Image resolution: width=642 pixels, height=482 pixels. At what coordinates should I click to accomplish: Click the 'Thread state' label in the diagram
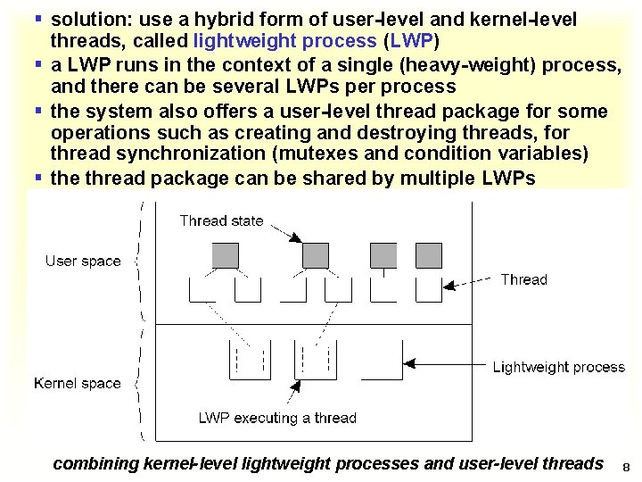click(x=221, y=220)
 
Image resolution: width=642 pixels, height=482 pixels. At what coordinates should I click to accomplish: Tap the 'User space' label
click(x=83, y=261)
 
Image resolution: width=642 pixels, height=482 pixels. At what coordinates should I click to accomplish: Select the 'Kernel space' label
click(x=78, y=383)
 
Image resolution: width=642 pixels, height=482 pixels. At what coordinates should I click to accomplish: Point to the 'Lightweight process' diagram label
click(x=559, y=367)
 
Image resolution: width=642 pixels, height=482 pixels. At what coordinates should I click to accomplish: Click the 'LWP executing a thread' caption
click(x=277, y=418)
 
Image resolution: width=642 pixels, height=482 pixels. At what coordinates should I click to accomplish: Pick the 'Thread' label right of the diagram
click(x=523, y=279)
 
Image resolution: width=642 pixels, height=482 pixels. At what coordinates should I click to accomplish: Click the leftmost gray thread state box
click(x=226, y=255)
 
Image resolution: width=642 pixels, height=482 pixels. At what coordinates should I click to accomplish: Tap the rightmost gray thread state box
click(x=428, y=255)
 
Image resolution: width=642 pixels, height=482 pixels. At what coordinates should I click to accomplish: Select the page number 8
click(x=626, y=467)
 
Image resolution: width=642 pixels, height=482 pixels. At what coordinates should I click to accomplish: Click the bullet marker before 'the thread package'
click(x=38, y=178)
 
